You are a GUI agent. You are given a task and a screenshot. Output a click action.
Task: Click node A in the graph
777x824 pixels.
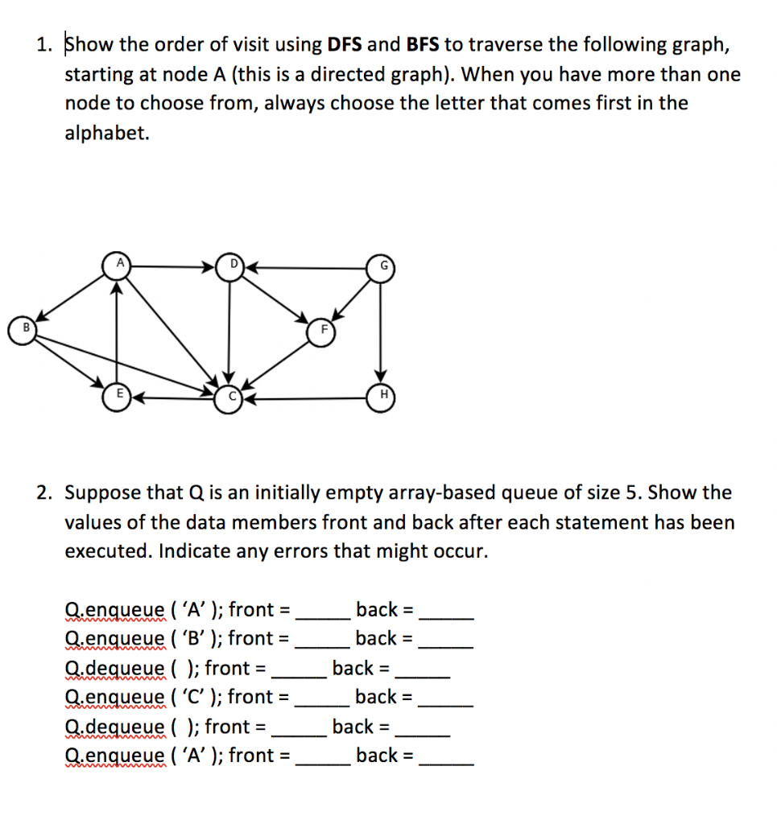coord(119,264)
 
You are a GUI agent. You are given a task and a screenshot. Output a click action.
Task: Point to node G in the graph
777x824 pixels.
coord(380,266)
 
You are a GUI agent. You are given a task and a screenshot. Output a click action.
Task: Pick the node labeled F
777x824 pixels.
coord(320,331)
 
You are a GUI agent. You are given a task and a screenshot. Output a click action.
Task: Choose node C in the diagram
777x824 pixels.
coord(228,398)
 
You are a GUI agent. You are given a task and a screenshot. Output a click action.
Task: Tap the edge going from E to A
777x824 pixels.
coord(118,330)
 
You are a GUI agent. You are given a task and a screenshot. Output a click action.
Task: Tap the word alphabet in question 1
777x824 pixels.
coord(107,133)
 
